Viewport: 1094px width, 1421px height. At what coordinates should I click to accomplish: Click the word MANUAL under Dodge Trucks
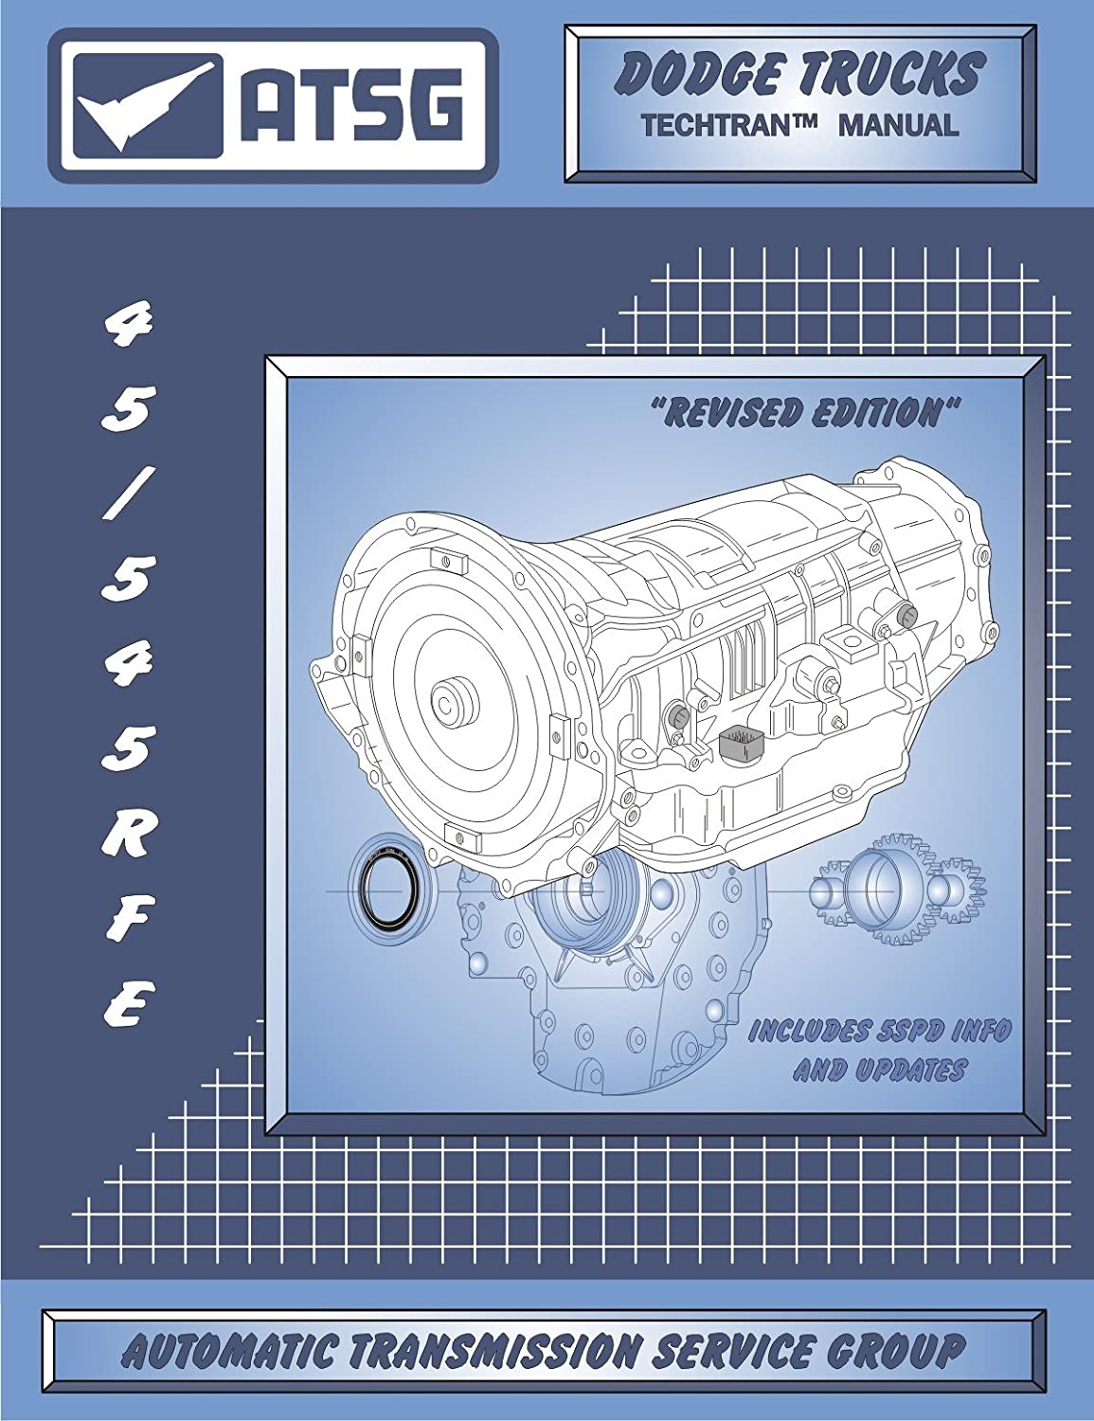899,126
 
